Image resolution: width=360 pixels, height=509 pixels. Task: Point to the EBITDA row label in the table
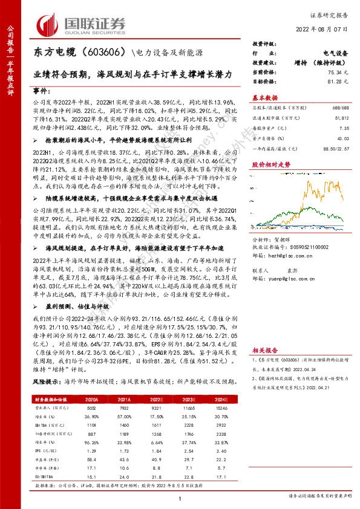coord(44,425)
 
